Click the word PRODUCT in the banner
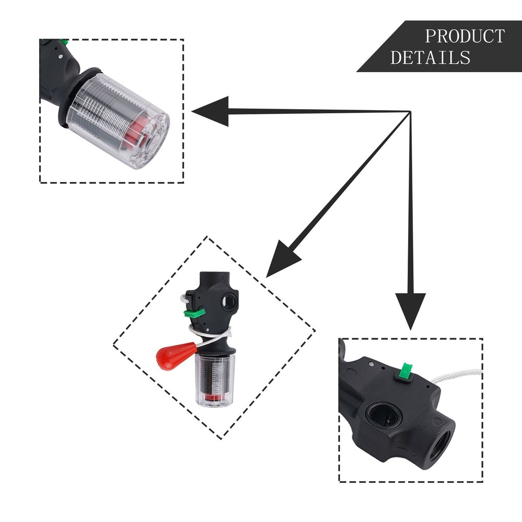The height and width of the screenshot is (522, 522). point(464,37)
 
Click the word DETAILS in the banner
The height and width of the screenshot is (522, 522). point(430,57)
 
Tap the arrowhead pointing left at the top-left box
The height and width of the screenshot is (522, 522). point(211,111)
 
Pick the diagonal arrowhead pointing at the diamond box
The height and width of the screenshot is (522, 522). point(285,257)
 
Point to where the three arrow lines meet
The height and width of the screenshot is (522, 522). point(410,112)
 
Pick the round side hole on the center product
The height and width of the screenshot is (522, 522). point(228,301)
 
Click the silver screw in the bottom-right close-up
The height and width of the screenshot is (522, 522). point(370,361)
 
